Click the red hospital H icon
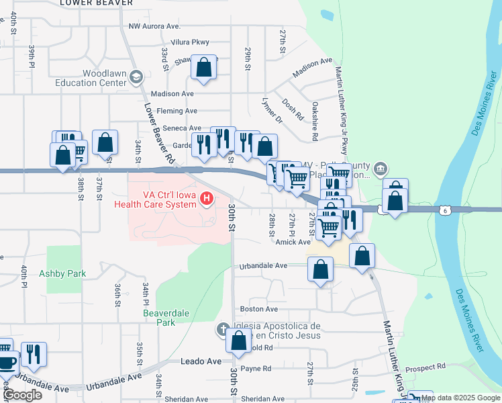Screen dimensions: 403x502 coord(207,198)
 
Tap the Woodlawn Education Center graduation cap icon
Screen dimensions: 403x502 coord(137,77)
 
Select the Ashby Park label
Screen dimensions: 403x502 coord(62,273)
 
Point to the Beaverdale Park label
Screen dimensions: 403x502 coord(159,317)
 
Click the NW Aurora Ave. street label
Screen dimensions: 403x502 coord(154,26)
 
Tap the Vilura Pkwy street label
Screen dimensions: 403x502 coord(191,42)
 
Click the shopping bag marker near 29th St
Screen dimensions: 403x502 coord(203,67)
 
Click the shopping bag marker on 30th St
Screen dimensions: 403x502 coord(239,341)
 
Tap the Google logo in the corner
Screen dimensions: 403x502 coord(22,395)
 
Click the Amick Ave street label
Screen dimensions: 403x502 coord(293,242)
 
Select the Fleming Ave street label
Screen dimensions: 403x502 coord(177,111)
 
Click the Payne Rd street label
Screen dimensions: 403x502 coord(256,368)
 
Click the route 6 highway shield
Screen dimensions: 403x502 coord(444,210)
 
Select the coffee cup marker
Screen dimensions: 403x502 coord(5,363)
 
